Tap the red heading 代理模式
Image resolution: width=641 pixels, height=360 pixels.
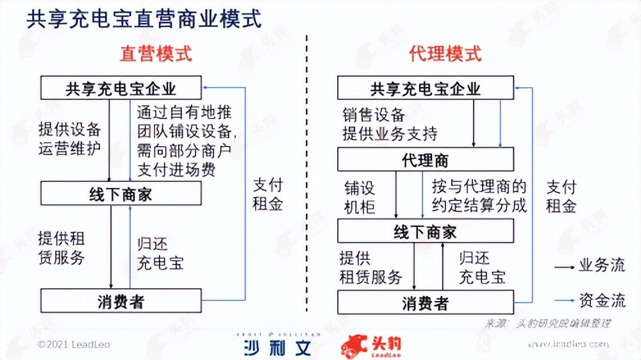[x=445, y=54]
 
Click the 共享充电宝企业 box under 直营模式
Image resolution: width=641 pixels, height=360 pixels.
[x=121, y=88]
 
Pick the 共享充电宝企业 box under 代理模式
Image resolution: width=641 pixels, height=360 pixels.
[x=425, y=88]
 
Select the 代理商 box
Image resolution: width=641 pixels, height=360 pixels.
[x=425, y=160]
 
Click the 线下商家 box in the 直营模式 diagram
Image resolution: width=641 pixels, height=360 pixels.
[x=121, y=193]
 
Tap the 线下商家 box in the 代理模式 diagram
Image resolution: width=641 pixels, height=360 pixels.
[x=425, y=231]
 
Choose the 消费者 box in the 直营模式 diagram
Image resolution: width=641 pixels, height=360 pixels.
[x=121, y=301]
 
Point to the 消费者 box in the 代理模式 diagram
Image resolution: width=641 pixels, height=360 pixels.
[x=425, y=302]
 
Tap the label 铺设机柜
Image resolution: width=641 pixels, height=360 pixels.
[x=360, y=197]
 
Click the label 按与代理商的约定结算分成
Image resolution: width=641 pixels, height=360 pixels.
[x=479, y=196]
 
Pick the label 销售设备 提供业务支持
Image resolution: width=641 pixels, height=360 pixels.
[x=390, y=124]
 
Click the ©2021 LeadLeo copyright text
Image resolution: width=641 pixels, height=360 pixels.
[x=74, y=345]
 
